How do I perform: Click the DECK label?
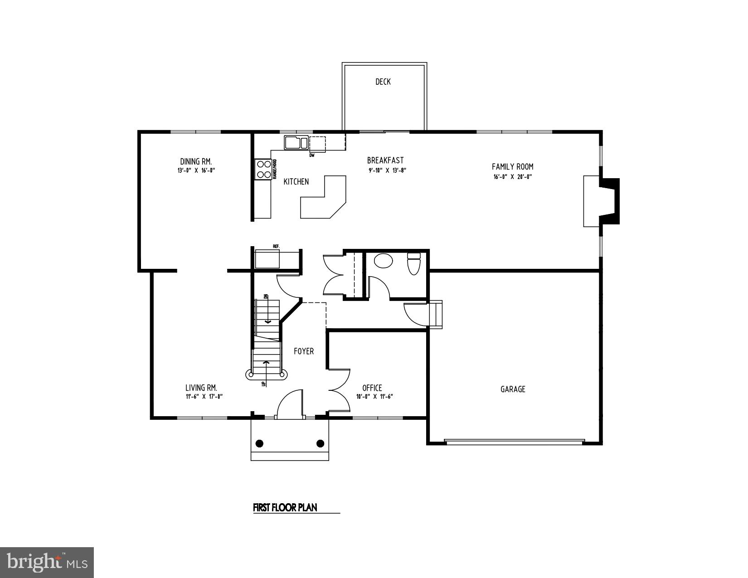383,82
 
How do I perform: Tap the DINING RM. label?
196,161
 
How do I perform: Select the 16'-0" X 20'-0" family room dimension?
512,177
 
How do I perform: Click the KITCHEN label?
296,181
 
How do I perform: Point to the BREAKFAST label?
385,160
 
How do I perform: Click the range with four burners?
263,169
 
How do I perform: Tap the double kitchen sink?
296,143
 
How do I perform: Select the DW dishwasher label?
312,155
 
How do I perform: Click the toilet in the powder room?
414,264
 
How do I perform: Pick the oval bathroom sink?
384,261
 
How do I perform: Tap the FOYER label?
303,351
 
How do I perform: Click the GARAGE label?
513,389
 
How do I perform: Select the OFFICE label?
372,388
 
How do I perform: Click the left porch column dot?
260,443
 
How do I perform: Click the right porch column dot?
320,443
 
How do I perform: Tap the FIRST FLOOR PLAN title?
285,507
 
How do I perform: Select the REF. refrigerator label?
276,246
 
